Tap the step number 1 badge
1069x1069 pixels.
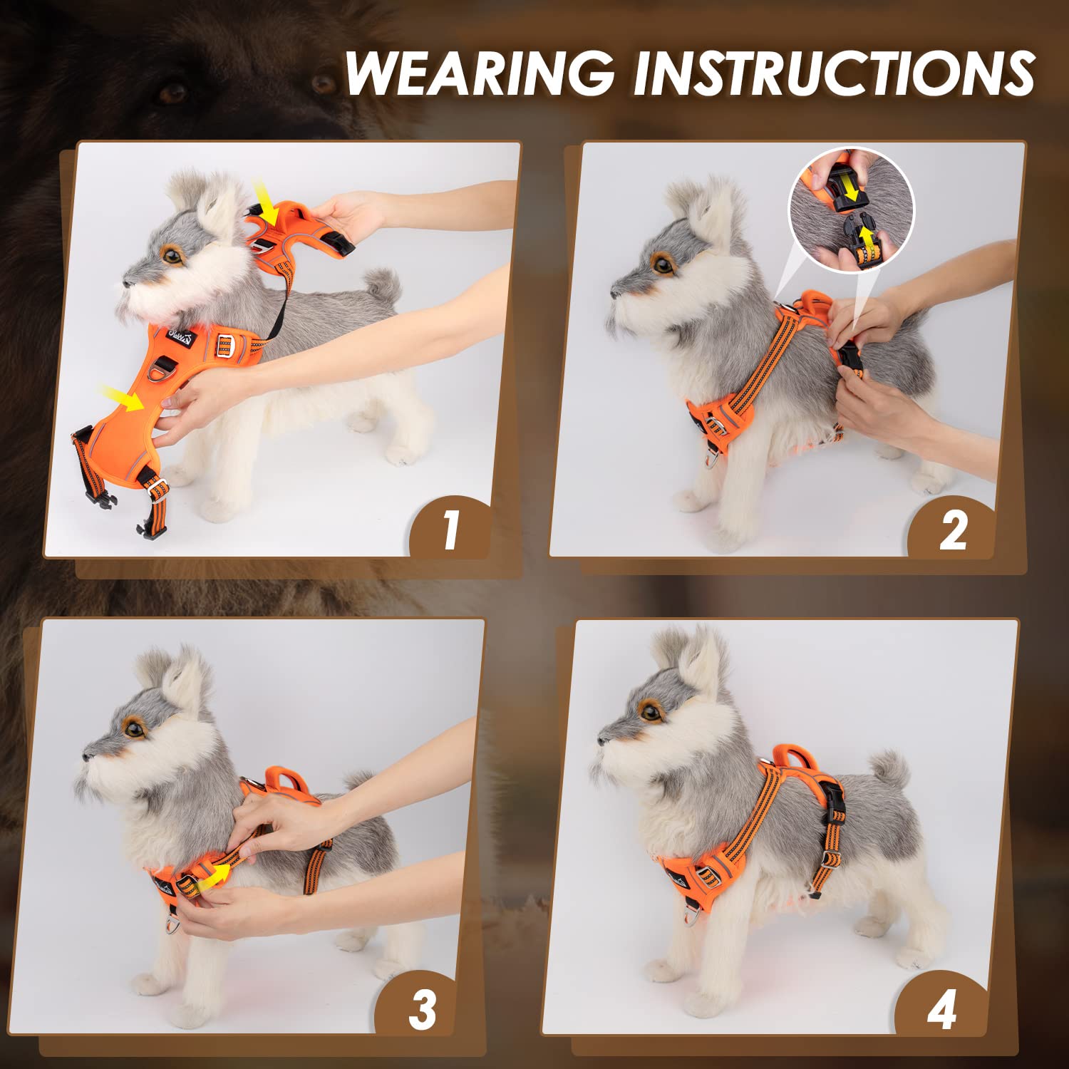click(x=450, y=529)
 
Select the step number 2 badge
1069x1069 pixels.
click(x=953, y=530)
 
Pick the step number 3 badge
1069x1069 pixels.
click(x=422, y=1009)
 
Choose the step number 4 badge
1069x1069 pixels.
click(x=941, y=1009)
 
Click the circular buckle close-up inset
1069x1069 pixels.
click(x=851, y=210)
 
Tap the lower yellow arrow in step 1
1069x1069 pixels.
click(x=122, y=397)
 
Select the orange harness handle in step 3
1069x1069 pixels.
click(x=285, y=778)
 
